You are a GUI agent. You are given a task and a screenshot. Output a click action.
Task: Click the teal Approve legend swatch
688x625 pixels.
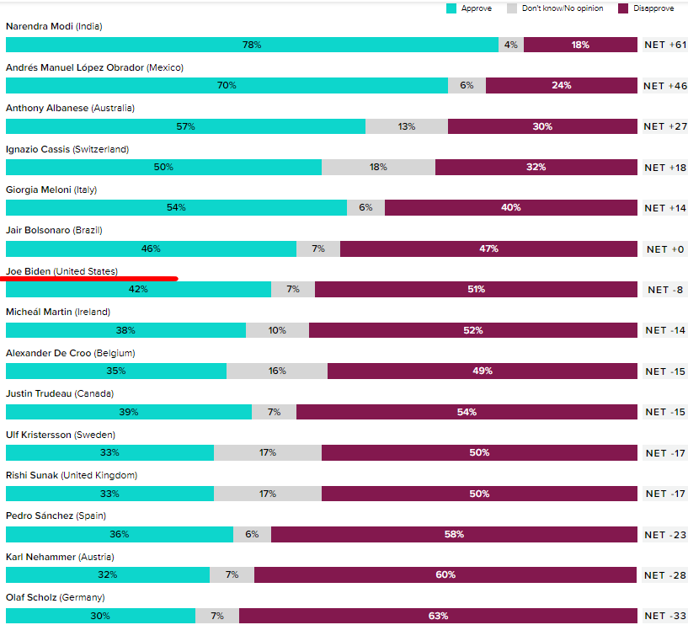pyautogui.click(x=451, y=8)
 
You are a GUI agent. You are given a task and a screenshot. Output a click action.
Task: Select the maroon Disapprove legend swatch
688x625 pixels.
pyautogui.click(x=623, y=8)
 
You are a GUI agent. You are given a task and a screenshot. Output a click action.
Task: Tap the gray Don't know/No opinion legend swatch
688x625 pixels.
pyautogui.click(x=511, y=8)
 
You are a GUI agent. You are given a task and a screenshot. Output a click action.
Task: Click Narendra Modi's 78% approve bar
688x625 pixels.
pyautogui.click(x=252, y=45)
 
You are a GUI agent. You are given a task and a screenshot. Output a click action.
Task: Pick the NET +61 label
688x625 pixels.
pyautogui.click(x=665, y=45)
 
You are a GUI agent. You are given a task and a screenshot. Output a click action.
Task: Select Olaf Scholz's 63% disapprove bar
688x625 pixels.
pyautogui.click(x=438, y=616)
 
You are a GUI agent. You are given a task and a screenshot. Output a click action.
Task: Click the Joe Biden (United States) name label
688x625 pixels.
pyautogui.click(x=61, y=271)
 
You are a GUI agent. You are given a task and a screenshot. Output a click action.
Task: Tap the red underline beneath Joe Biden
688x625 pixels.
pyautogui.click(x=91, y=277)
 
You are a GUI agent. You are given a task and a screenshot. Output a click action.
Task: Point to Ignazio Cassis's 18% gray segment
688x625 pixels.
pyautogui.click(x=378, y=167)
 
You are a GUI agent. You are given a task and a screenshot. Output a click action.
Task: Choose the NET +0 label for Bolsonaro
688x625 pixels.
pyautogui.click(x=665, y=248)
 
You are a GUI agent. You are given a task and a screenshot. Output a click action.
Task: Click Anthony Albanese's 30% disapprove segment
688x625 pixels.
pyautogui.click(x=542, y=126)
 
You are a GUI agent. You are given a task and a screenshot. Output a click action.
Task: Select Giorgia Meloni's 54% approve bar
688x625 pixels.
pyautogui.click(x=176, y=207)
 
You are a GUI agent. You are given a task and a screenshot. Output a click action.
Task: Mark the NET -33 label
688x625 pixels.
pyautogui.click(x=665, y=616)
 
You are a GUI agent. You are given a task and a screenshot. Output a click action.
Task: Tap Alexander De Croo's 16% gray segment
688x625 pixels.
pyautogui.click(x=277, y=371)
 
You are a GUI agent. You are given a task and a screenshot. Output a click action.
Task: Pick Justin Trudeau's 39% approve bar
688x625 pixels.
pyautogui.click(x=129, y=412)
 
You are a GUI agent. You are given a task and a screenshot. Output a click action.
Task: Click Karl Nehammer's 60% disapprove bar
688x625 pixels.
pyautogui.click(x=445, y=574)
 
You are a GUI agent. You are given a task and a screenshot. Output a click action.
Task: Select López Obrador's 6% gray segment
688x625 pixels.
pyautogui.click(x=467, y=85)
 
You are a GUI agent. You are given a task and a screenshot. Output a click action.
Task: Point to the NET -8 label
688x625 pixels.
pyautogui.click(x=665, y=289)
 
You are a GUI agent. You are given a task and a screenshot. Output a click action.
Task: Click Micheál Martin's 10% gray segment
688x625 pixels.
pyautogui.click(x=277, y=330)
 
